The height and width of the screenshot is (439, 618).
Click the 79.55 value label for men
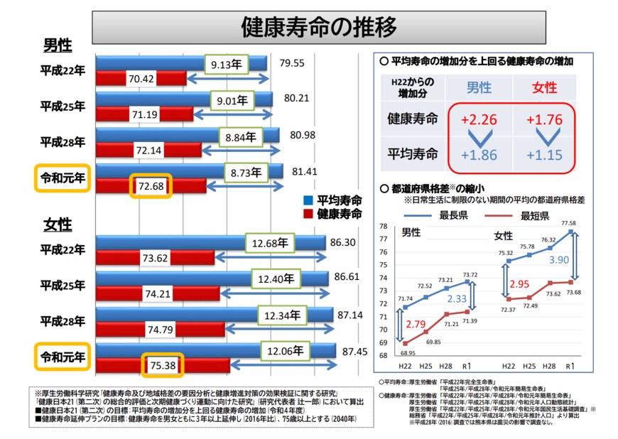point(292,63)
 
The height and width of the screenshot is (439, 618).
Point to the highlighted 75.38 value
point(163,366)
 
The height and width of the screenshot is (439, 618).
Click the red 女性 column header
point(545,87)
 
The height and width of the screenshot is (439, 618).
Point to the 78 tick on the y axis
point(383,227)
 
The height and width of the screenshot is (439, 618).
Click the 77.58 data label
point(570,224)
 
